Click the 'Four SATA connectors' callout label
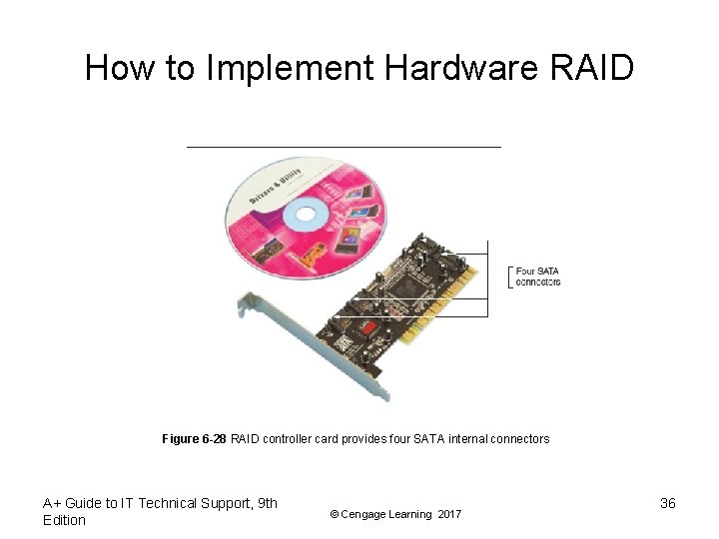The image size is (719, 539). pyautogui.click(x=537, y=276)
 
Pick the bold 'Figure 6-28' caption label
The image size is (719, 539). pyautogui.click(x=194, y=439)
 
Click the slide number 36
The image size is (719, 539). pyautogui.click(x=668, y=503)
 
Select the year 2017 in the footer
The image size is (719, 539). pyautogui.click(x=449, y=514)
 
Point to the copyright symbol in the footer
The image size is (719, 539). pyautogui.click(x=335, y=514)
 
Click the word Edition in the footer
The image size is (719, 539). pyautogui.click(x=65, y=520)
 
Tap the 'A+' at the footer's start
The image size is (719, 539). pyautogui.click(x=52, y=503)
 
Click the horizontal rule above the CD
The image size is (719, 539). pyautogui.click(x=344, y=147)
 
